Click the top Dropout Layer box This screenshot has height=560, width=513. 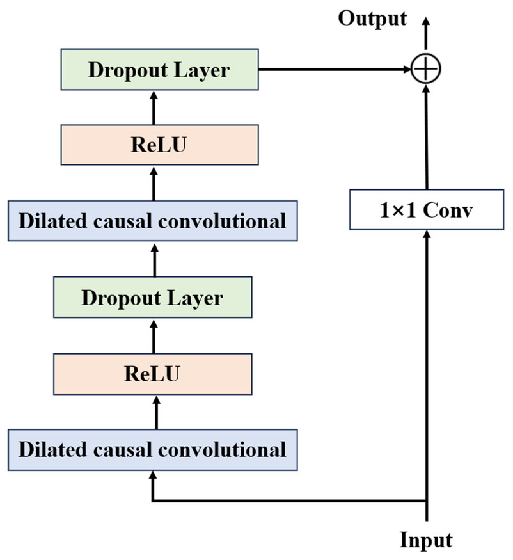coord(159,69)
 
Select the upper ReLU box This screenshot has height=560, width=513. coord(159,145)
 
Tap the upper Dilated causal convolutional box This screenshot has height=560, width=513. coord(153,221)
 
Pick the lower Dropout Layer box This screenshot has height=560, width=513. coord(153,297)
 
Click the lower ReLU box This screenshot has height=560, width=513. coord(153,374)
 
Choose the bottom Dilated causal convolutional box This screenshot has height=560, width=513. coord(153,450)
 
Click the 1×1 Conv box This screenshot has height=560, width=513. coord(426,210)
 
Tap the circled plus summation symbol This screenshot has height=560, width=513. coord(426,69)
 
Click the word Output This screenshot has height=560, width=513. coord(372,18)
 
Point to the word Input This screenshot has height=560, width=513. coord(426,541)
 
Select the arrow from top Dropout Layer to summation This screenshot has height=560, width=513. coord(333,69)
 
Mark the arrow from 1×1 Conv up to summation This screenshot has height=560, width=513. coord(426,138)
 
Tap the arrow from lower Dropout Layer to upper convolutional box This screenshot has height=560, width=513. coord(154,260)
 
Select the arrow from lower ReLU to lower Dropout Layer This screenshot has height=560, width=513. coord(154,336)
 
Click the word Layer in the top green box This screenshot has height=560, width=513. coord(202,70)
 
